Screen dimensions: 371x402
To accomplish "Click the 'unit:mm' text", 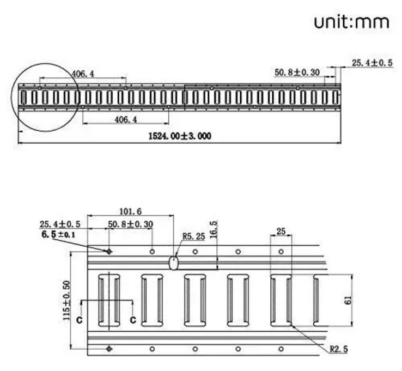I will [x=351, y=22].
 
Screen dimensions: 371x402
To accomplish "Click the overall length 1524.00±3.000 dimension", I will [x=179, y=136].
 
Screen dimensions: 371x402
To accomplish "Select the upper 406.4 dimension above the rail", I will [x=82, y=73].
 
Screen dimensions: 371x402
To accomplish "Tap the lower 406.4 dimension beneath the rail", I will [x=125, y=119].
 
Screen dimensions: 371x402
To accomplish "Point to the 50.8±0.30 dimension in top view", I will [x=296, y=72].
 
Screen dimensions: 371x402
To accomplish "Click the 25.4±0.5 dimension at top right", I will [x=372, y=63].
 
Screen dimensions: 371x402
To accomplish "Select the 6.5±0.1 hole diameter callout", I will [x=58, y=234].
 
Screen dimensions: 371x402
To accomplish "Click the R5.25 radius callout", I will [x=193, y=236].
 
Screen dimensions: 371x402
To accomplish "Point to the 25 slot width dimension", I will [x=281, y=231].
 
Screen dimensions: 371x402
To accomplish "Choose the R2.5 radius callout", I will [x=338, y=348].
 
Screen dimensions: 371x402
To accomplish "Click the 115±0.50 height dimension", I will [x=65, y=300].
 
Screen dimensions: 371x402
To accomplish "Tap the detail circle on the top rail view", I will [x=46, y=97].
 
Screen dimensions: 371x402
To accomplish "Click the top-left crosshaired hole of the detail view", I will [x=109, y=251].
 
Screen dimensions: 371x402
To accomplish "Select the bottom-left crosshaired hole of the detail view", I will [x=109, y=349].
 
